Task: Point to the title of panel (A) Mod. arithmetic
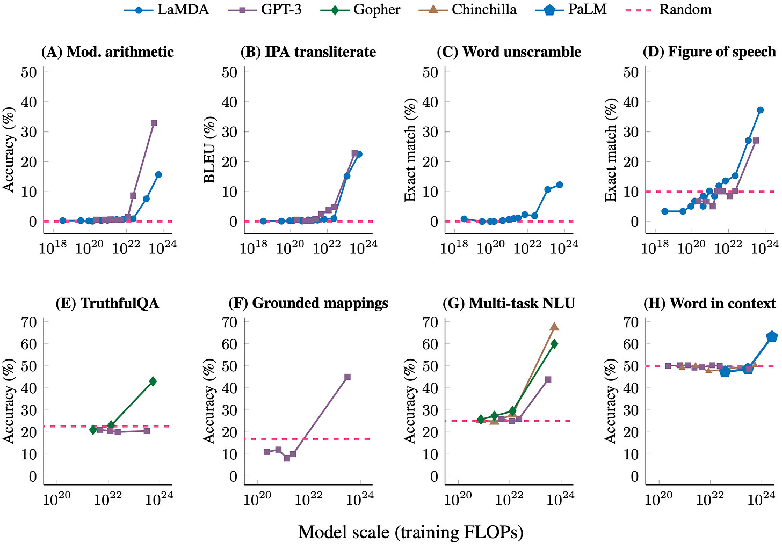107,52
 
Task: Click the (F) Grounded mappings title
308,303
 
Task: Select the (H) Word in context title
709,303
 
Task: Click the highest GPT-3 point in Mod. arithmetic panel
154,123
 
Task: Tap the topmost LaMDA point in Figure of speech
760,110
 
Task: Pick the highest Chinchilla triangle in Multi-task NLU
554,327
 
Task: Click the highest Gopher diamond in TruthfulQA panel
153,381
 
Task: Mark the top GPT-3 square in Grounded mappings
347,377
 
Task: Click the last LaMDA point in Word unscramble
559,185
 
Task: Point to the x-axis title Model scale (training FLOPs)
410,532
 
